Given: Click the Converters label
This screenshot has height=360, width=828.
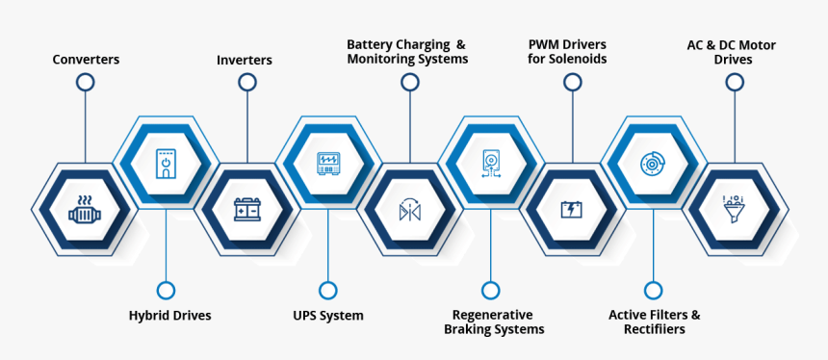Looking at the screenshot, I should pyautogui.click(x=86, y=60).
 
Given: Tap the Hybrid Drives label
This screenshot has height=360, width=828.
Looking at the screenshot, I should pyautogui.click(x=169, y=315).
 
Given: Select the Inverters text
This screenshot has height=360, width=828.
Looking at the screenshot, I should pyautogui.click(x=245, y=60).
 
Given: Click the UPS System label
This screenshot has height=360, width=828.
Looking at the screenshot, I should pyautogui.click(x=328, y=315).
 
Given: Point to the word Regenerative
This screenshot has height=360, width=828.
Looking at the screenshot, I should pyautogui.click(x=493, y=315).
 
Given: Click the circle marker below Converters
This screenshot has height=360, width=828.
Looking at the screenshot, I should pyautogui.click(x=86, y=83).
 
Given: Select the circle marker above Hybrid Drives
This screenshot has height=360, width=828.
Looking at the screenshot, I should pyautogui.click(x=166, y=290).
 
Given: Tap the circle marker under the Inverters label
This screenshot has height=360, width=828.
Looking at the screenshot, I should pyautogui.click(x=247, y=83).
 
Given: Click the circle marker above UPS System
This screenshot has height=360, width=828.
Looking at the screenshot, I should pyautogui.click(x=328, y=290).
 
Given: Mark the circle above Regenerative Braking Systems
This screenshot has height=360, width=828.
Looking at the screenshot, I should pyautogui.click(x=491, y=290).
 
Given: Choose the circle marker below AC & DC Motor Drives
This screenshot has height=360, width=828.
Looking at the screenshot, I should pyautogui.click(x=735, y=83).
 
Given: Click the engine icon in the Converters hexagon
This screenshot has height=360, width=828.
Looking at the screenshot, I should pyautogui.click(x=85, y=209).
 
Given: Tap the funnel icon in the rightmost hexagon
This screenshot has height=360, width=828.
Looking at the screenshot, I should pyautogui.click(x=735, y=209).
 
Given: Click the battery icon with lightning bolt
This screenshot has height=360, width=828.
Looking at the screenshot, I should pyautogui.click(x=572, y=209).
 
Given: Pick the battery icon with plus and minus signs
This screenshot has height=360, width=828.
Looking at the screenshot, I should pyautogui.click(x=247, y=209).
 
